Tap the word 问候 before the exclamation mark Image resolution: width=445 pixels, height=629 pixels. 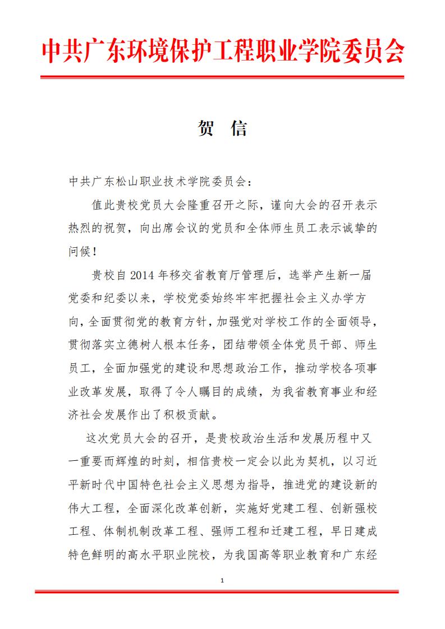(x=79, y=251)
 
